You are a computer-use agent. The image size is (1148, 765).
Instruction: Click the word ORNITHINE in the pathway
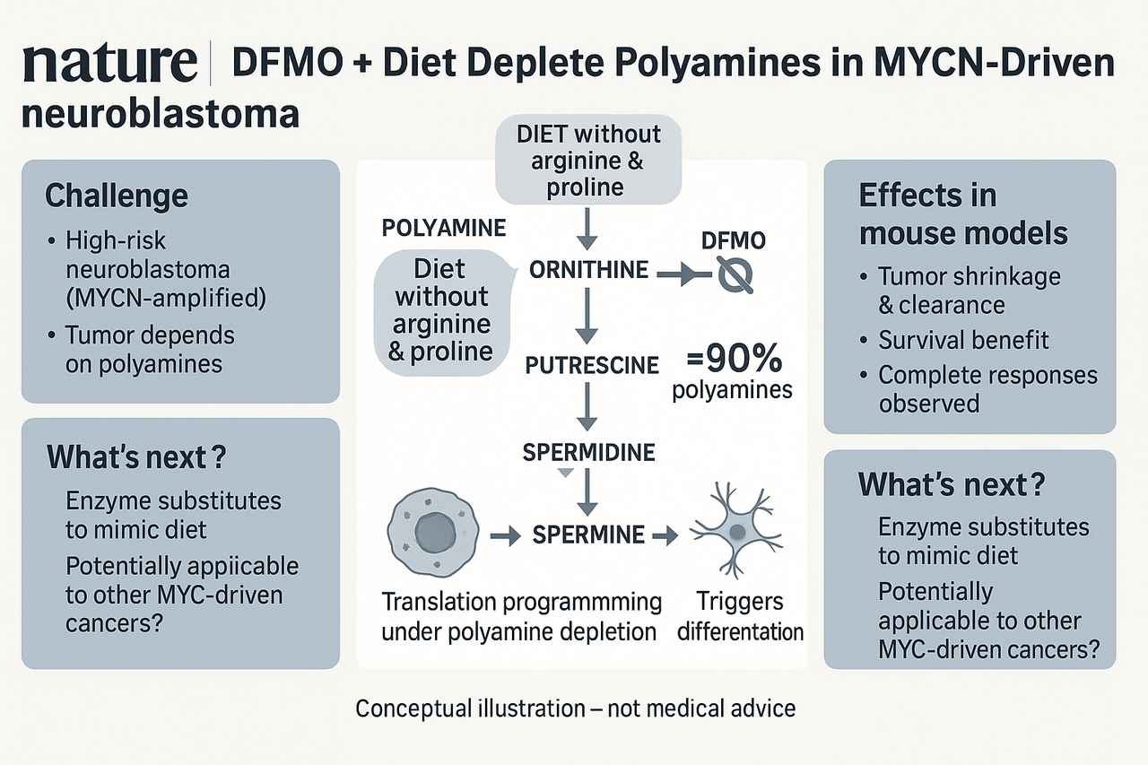588,270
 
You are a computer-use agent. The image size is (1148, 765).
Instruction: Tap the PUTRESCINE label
592,365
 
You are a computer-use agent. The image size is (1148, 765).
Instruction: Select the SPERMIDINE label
589,452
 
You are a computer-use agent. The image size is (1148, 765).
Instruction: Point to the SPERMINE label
588,535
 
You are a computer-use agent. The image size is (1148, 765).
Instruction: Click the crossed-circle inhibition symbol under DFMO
735,275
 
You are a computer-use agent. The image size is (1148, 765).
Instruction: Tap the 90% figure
735,359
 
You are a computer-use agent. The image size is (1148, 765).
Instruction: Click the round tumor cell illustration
433,533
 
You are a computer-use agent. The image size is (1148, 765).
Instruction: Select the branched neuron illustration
735,530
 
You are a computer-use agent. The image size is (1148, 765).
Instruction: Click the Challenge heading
117,196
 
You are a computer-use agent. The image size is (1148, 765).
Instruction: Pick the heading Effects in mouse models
963,214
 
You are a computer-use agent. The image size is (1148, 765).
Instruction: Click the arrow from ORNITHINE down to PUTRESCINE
587,316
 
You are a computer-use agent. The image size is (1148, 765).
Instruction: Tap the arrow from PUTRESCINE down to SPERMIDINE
587,407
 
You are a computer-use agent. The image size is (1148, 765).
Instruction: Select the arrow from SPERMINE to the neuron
665,536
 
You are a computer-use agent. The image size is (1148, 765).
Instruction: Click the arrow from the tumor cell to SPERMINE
505,536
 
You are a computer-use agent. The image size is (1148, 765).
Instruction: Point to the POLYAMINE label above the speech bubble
444,228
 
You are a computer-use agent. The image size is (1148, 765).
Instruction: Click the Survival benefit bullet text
963,340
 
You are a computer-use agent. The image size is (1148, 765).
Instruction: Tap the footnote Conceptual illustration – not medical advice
576,708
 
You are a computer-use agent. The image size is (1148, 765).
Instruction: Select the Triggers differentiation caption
740,617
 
